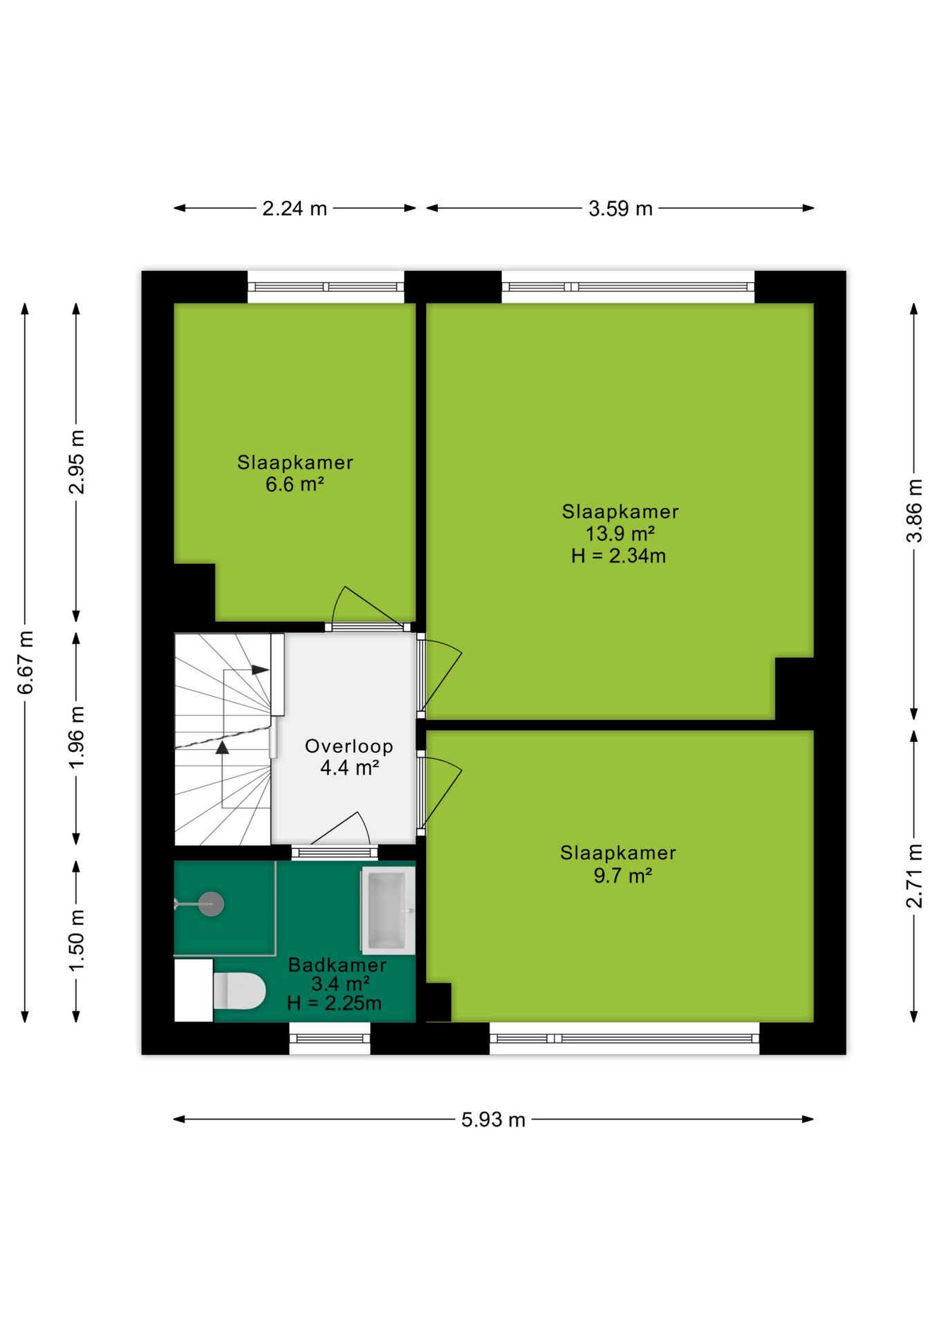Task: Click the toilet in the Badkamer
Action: click(239, 990)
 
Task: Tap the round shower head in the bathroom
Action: click(211, 903)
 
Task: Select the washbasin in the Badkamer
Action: click(387, 910)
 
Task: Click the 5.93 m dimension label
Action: click(493, 1120)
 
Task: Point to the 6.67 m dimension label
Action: click(26, 662)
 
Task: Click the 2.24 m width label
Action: click(295, 208)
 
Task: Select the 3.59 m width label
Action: click(620, 208)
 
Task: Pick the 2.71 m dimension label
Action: click(914, 876)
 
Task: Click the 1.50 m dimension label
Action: click(77, 940)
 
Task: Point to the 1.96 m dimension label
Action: click(77, 737)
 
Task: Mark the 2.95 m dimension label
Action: click(77, 462)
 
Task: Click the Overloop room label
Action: click(349, 746)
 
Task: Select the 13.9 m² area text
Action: click(620, 534)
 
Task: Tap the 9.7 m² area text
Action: click(622, 875)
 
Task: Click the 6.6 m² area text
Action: click(295, 484)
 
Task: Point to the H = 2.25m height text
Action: click(334, 1003)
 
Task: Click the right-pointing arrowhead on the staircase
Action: click(261, 670)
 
